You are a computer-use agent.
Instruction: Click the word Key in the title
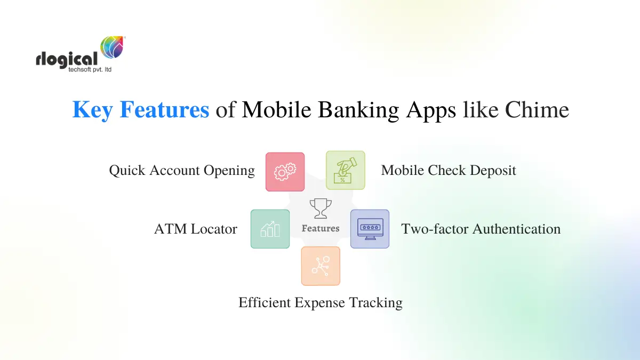(93, 110)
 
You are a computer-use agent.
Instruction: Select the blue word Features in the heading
(164, 110)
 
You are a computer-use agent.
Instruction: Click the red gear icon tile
(285, 172)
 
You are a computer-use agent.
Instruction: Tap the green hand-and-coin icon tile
(345, 170)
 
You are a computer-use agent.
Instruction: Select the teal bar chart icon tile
(270, 229)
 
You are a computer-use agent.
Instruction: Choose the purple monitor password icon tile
(370, 229)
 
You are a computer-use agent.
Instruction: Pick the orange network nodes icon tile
(321, 266)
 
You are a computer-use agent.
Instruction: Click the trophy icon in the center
(321, 209)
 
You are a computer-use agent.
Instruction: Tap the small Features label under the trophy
(321, 228)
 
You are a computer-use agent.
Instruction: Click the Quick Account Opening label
(182, 171)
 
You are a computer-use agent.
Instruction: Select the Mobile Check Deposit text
(449, 171)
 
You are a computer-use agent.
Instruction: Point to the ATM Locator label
(196, 229)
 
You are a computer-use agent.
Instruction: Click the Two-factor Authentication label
(481, 229)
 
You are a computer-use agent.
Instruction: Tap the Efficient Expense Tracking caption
(320, 303)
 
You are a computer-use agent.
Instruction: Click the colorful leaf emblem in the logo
(112, 47)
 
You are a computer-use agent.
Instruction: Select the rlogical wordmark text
(67, 59)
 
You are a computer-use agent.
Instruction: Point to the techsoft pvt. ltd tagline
(90, 70)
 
